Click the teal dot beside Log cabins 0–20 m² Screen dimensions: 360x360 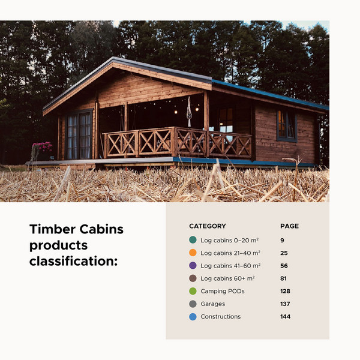click(193, 240)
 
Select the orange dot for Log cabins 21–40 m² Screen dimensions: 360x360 click(193, 253)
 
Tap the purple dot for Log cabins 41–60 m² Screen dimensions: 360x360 click(193, 265)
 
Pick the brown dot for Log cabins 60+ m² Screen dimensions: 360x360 click(193, 278)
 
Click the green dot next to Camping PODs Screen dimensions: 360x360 click(193, 291)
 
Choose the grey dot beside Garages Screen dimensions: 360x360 click(193, 304)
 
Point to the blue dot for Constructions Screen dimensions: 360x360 click(193, 316)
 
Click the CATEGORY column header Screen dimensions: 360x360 click(208, 226)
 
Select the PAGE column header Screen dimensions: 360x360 click(289, 226)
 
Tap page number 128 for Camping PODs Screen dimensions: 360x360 click(285, 291)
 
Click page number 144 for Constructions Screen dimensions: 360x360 click(285, 316)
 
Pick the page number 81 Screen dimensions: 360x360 click(283, 278)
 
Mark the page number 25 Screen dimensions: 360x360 click(283, 253)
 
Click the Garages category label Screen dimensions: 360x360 click(212, 304)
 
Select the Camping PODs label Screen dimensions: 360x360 click(223, 291)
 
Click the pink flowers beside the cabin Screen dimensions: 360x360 click(42, 148)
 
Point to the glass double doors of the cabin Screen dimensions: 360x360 click(79, 135)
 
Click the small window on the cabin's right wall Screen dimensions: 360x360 click(286, 125)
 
